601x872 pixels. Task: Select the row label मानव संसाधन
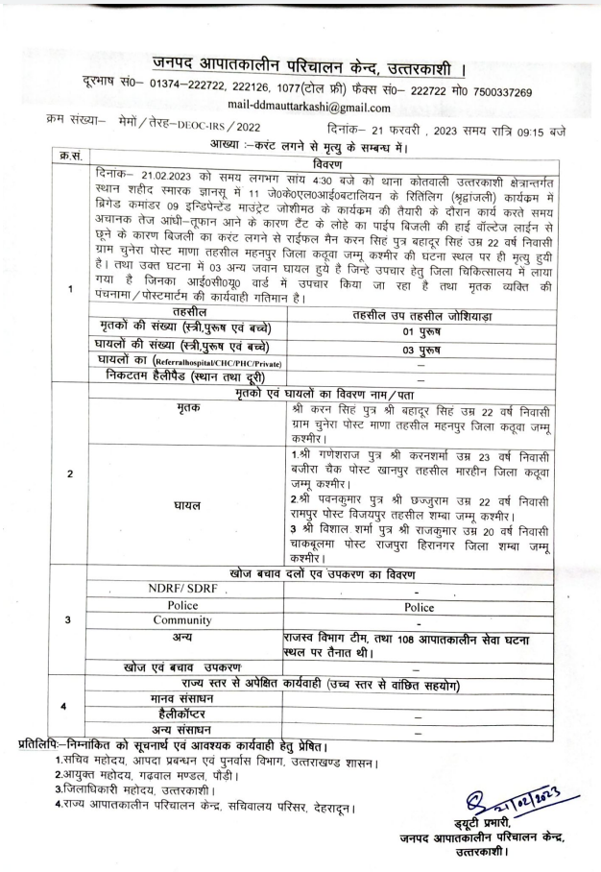(x=166, y=697)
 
